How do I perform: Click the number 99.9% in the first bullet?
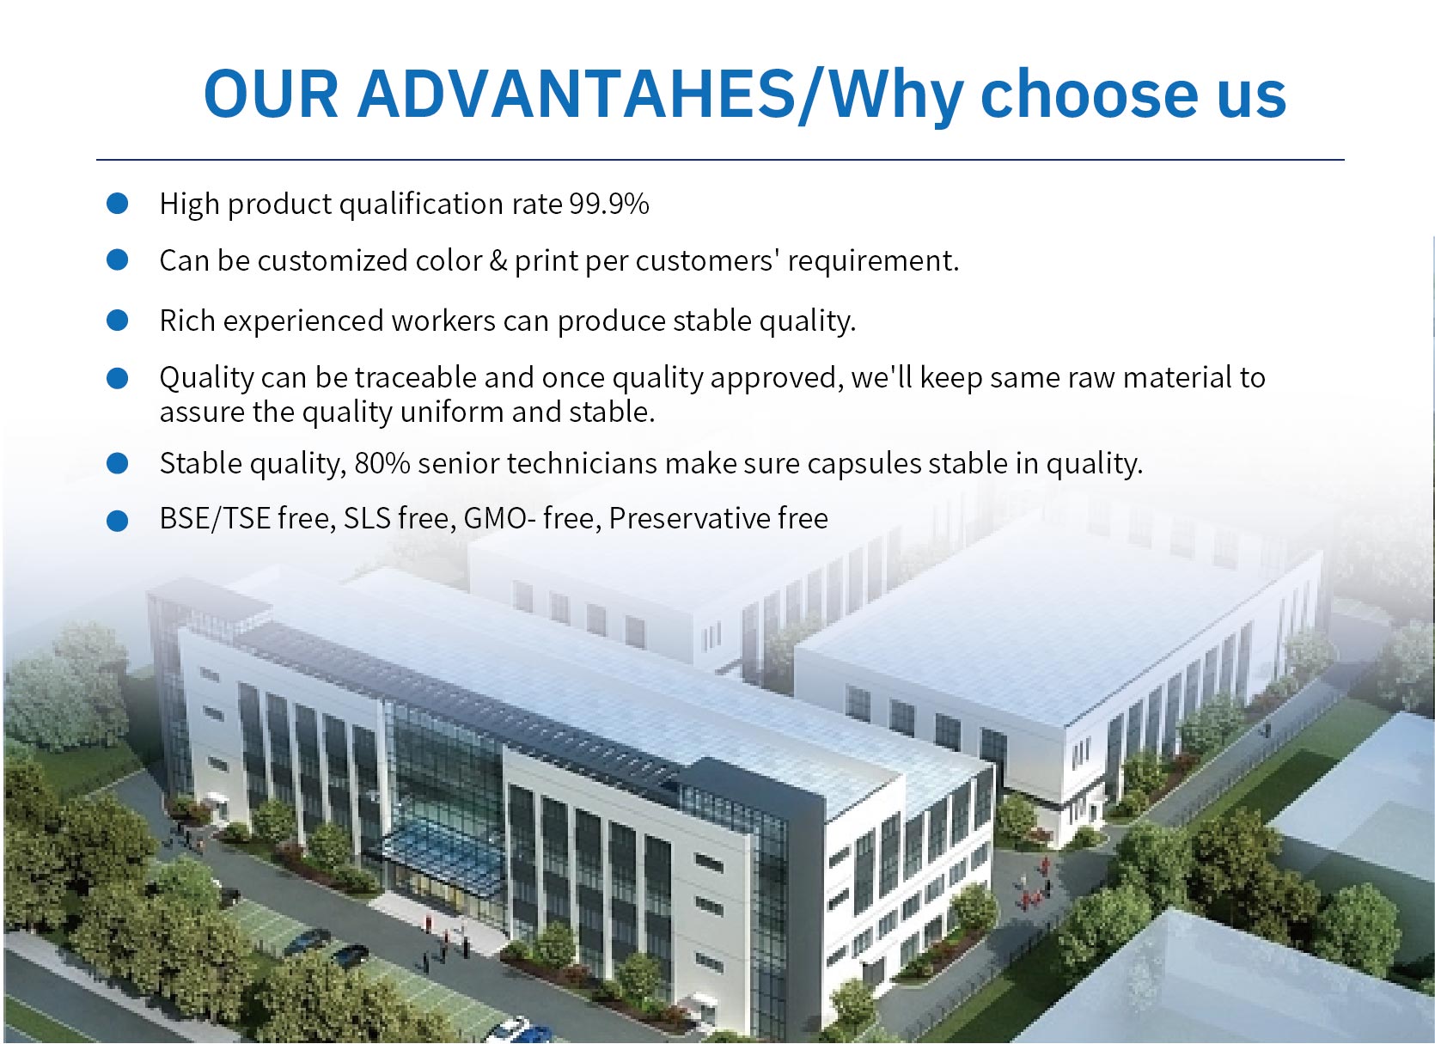(608, 205)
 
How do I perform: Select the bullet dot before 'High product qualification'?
(118, 204)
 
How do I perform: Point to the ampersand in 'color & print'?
(498, 260)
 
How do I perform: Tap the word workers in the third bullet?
(443, 321)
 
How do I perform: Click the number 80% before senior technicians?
(382, 463)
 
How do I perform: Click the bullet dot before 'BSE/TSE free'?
(118, 521)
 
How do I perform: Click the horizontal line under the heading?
(720, 160)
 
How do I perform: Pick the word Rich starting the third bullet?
(186, 321)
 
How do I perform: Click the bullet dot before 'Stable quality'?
(118, 464)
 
